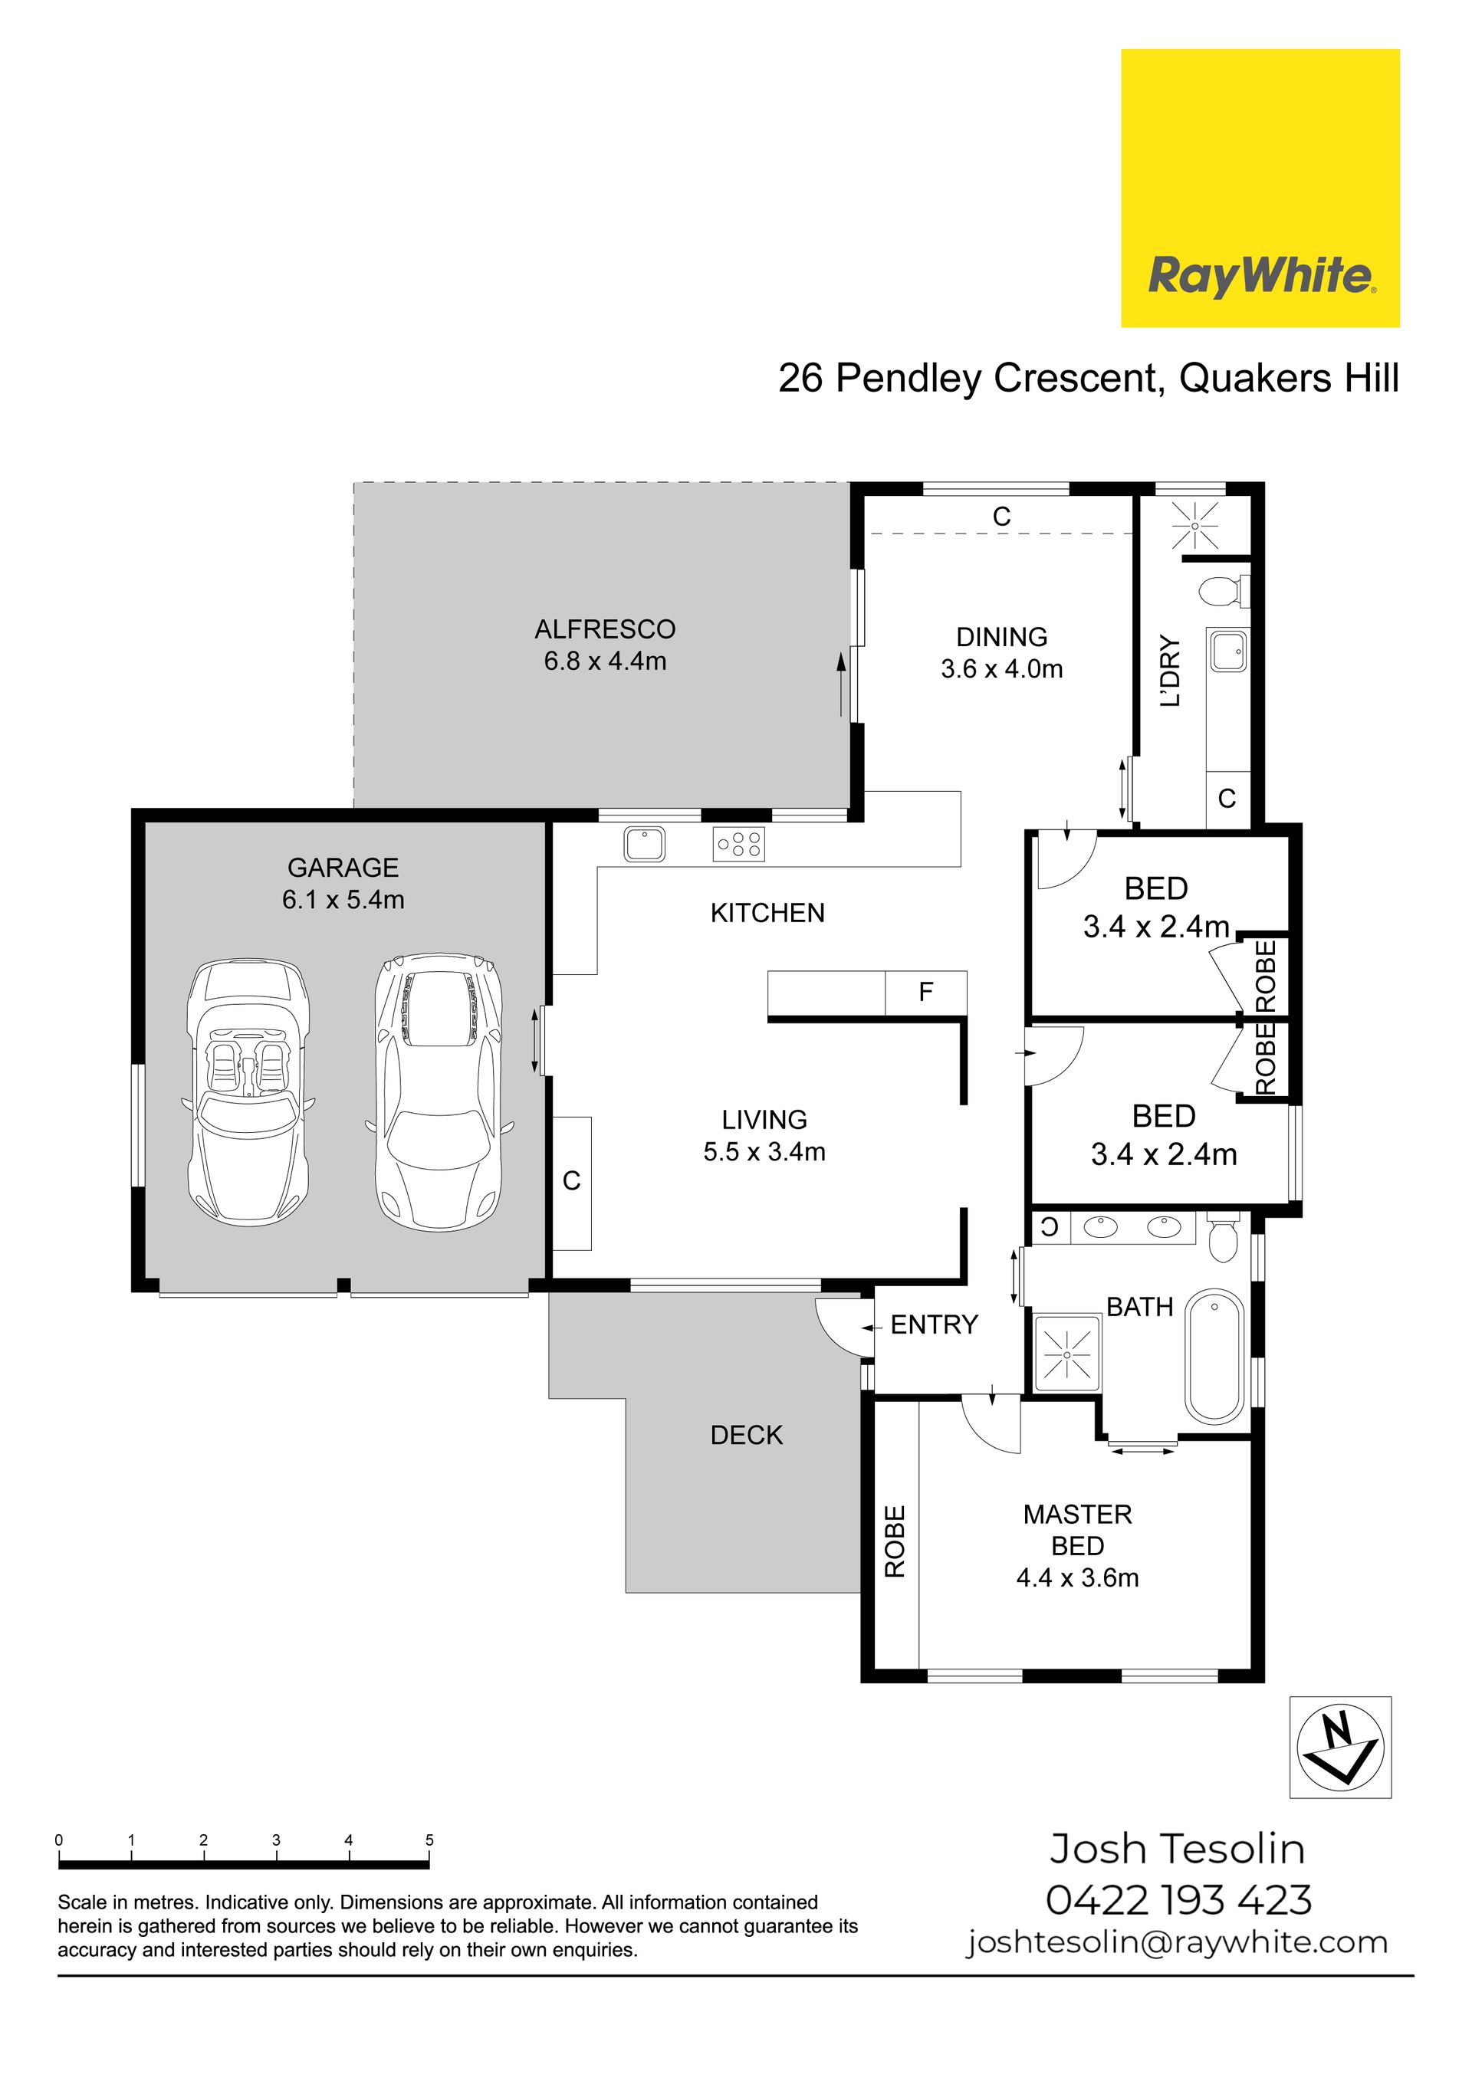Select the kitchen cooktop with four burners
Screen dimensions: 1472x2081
pyautogui.click(x=739, y=844)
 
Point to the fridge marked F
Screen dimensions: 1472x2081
pyautogui.click(x=925, y=993)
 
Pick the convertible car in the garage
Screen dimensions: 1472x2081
pyautogui.click(x=248, y=1093)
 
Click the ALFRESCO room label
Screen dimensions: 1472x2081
pyautogui.click(x=605, y=629)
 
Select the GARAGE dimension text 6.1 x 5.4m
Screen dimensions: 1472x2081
pyautogui.click(x=343, y=900)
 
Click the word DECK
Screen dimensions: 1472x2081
pyautogui.click(x=746, y=1435)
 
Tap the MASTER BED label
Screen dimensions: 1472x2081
pyautogui.click(x=1078, y=1530)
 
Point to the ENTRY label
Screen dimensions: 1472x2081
pyautogui.click(x=935, y=1325)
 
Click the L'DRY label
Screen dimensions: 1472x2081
pyautogui.click(x=1171, y=671)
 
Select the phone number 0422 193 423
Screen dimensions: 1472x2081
pyautogui.click(x=1178, y=1901)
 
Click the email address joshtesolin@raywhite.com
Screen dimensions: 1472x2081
pyautogui.click(x=1178, y=1943)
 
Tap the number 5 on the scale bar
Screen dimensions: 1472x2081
pyautogui.click(x=429, y=1833)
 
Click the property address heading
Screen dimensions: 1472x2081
pyautogui.click(x=1089, y=378)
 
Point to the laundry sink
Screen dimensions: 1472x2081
pyautogui.click(x=1228, y=651)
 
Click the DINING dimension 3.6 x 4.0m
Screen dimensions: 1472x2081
pyautogui.click(x=1001, y=669)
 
